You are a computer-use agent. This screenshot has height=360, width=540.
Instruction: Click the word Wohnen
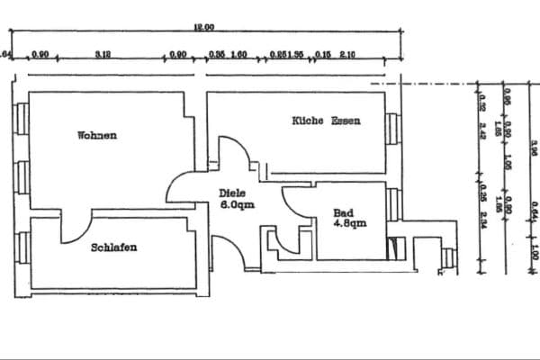click(x=97, y=136)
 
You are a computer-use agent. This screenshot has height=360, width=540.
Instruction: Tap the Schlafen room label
click(x=114, y=247)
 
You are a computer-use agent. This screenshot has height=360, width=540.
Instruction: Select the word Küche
click(x=307, y=121)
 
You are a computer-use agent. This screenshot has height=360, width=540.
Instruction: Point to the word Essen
click(x=346, y=121)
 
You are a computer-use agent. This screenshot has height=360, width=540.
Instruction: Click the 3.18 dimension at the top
click(x=102, y=55)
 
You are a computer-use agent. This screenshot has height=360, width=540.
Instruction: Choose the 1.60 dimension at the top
click(x=239, y=55)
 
